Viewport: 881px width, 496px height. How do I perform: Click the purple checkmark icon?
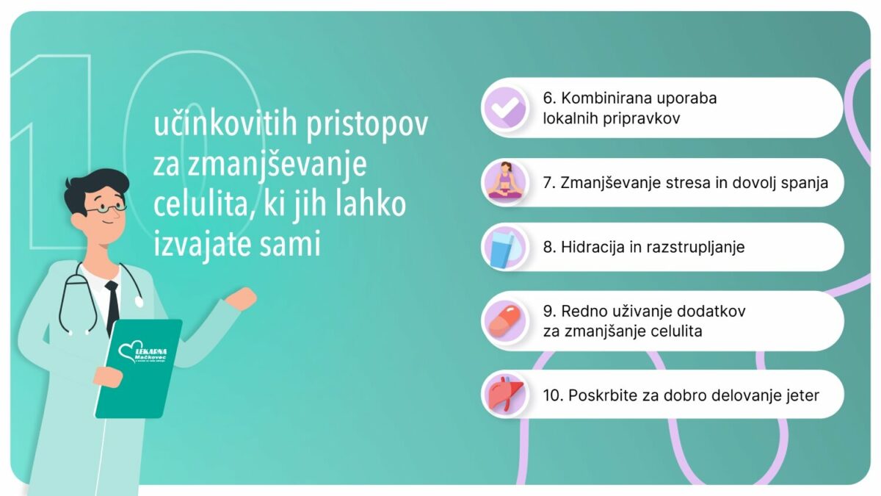pos(505,108)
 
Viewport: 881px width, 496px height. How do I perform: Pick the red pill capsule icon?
pos(505,321)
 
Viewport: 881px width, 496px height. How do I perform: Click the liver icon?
pos(506,393)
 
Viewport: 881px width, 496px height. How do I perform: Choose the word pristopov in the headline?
pos(367,125)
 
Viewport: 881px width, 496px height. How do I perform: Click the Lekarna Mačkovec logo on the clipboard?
pos(142,353)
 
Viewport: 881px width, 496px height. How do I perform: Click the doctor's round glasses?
pos(106,209)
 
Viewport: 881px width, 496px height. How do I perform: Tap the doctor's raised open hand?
pos(242,299)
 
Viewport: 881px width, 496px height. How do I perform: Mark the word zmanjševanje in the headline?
pos(277,165)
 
